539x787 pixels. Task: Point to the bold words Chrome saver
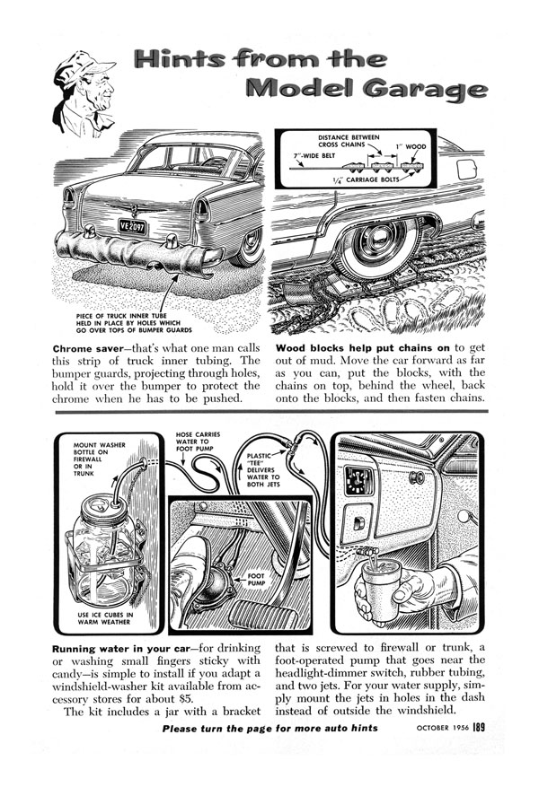click(x=92, y=347)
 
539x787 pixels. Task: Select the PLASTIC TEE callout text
click(x=260, y=468)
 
